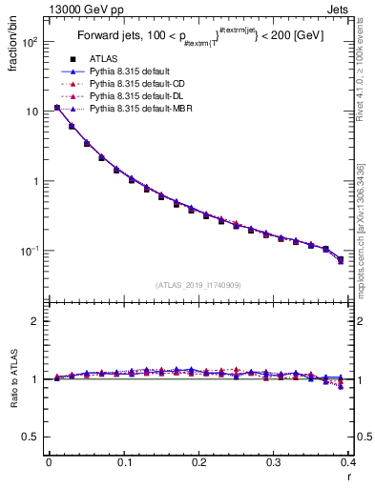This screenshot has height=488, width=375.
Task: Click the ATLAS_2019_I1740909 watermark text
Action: point(198,285)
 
